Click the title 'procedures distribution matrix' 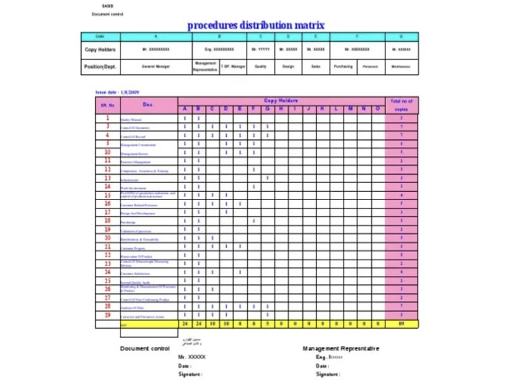(255, 25)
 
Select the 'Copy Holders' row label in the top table (100, 49)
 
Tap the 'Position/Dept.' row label (100, 66)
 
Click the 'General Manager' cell (155, 66)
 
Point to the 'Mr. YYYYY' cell (260, 49)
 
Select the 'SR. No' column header (107, 105)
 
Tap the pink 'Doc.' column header (149, 104)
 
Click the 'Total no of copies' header (402, 105)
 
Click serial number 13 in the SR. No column (108, 179)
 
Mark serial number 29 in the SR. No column (108, 315)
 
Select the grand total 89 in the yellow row (402, 324)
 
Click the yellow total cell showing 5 (267, 324)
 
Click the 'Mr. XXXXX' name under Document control (192, 357)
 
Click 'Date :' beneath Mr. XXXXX (184, 366)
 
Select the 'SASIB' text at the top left (108, 5)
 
